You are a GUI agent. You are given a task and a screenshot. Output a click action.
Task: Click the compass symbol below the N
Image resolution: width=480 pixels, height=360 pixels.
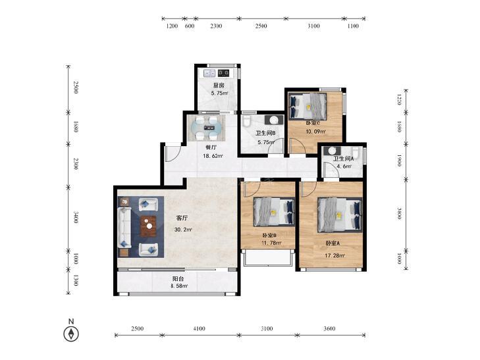point(71,334)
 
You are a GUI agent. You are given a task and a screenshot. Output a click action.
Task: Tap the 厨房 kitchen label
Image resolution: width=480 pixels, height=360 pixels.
point(219,86)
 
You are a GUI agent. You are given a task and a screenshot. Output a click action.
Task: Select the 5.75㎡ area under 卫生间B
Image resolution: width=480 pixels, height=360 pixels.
point(266,142)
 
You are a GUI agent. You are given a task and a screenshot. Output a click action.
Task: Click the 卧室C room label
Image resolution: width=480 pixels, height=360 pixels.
point(313,123)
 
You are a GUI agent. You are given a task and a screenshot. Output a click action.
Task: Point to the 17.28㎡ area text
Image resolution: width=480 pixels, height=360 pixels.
point(334,255)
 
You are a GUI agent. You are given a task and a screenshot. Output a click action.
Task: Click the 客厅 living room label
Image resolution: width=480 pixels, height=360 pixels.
point(182,218)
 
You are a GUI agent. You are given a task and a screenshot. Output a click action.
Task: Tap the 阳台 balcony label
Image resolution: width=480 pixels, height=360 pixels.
point(178,278)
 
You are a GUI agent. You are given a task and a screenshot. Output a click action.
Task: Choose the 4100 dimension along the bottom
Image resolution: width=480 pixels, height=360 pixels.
point(200,329)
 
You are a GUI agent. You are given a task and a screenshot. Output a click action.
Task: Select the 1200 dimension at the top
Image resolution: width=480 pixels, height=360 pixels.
point(172,26)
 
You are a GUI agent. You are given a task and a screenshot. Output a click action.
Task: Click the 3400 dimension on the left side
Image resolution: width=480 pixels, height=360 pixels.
point(76,217)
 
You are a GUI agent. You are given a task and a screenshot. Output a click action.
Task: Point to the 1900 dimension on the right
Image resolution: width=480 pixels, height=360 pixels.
point(399,161)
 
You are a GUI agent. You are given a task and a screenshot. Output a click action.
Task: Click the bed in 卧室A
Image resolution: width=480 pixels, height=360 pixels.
point(340,215)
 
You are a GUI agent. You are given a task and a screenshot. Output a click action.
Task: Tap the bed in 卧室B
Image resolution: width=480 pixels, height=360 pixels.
point(275,212)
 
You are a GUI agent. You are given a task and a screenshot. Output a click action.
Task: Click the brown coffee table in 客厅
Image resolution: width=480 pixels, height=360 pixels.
point(148,226)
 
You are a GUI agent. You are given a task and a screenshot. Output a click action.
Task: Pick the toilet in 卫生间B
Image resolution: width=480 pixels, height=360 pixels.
point(246,121)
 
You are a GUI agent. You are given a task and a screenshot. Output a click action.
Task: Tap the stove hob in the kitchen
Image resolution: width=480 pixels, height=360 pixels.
point(223,73)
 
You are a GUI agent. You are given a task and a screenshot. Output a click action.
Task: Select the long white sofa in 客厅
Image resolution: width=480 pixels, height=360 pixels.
point(124,227)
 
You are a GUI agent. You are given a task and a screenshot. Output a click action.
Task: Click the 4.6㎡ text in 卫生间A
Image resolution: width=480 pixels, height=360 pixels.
point(344,167)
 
